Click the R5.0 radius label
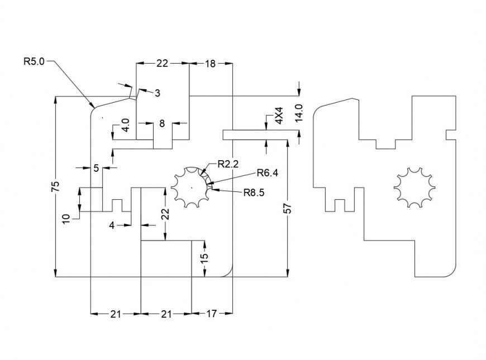(33, 62)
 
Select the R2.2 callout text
(228, 164)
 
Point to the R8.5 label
(254, 193)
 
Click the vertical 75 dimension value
(55, 187)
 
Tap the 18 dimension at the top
(210, 64)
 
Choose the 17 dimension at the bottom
(211, 314)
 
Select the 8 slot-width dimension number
(162, 123)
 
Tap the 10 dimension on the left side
(66, 218)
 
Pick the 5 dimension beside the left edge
(96, 167)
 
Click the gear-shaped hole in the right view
(414, 187)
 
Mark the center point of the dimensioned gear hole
(191, 188)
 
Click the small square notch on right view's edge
(450, 135)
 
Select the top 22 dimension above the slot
(162, 64)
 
